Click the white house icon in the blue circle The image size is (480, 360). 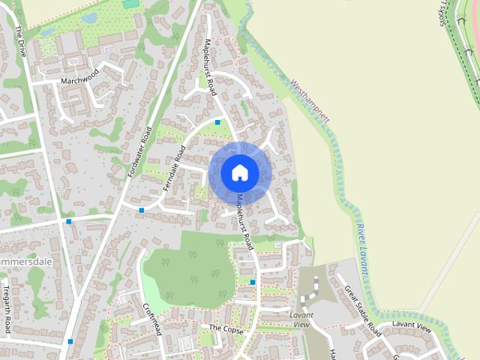239,172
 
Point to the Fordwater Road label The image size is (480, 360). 141,151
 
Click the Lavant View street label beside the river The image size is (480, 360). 412,328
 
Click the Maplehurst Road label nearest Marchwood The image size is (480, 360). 210,68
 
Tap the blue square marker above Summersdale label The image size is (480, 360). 69,221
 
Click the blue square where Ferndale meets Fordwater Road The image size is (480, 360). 141,210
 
